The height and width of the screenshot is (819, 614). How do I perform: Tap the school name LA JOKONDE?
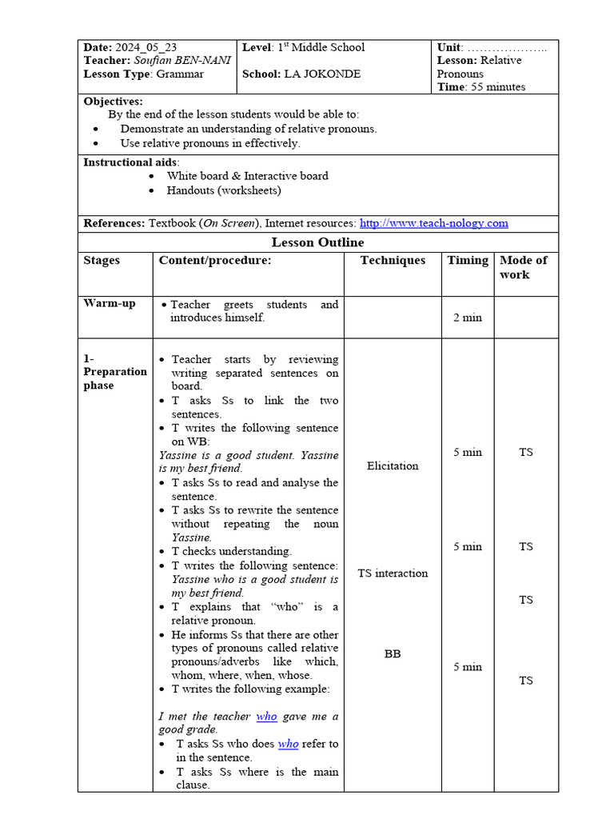322,74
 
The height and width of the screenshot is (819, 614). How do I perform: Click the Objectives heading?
114,102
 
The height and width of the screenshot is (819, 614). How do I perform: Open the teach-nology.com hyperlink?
433,223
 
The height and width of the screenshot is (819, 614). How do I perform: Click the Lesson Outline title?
317,242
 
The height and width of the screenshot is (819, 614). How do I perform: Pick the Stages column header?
102,260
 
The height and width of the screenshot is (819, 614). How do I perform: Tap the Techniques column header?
393,260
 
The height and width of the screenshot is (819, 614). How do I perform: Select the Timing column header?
468,260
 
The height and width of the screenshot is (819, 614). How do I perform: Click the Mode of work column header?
523,267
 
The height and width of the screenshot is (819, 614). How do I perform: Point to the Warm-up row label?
110,304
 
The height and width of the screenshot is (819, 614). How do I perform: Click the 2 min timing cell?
468,318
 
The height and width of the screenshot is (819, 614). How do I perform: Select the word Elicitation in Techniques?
393,465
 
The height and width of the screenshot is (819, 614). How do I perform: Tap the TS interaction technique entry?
393,573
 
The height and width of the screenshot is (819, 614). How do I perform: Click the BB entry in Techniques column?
393,653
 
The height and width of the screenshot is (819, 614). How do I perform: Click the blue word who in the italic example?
266,717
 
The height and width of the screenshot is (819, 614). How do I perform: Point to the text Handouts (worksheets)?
224,190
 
